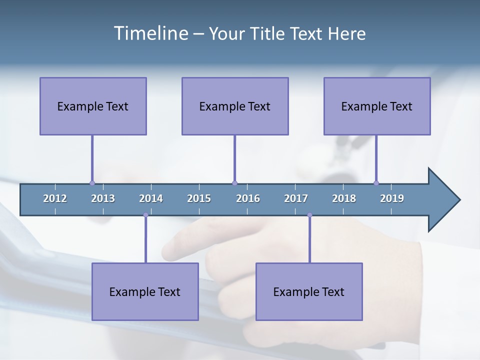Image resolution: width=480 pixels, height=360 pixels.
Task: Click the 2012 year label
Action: point(55,198)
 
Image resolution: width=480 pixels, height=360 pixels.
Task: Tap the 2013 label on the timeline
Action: point(103,198)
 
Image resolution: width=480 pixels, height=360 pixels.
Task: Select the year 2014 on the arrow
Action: point(151,198)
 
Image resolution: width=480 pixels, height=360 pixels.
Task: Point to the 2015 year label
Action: point(199,198)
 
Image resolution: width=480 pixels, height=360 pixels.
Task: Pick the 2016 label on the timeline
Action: point(248,198)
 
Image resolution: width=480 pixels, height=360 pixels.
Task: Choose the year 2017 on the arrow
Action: point(296,198)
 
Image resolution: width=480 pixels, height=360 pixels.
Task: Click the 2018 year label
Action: point(344,198)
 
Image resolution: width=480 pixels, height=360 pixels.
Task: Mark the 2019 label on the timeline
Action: point(392,198)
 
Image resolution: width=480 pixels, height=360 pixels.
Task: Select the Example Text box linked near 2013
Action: point(93,106)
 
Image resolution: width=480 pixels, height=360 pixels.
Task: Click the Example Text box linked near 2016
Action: point(235,106)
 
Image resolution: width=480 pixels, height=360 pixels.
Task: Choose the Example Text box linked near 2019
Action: point(377,106)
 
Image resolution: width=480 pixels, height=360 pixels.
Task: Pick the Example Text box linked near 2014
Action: point(145,291)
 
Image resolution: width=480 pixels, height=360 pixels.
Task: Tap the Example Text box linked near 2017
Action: point(309,291)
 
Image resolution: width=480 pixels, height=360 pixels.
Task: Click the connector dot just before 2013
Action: point(92,183)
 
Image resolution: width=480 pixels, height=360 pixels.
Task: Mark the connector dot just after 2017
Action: point(309,215)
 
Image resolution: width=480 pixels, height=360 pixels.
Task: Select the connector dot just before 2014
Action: point(145,215)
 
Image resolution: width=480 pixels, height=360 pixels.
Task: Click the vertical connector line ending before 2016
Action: point(234,158)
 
